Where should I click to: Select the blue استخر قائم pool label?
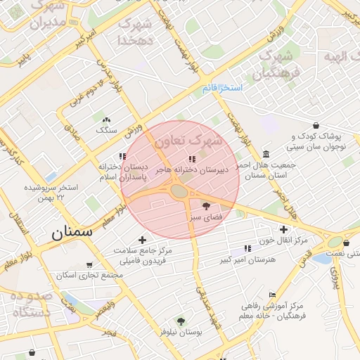(x=222, y=88)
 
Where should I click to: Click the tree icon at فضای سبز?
(x=206, y=206)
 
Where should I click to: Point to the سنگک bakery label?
(x=106, y=130)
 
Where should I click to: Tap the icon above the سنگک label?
(x=106, y=120)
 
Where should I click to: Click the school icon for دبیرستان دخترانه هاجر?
(x=193, y=158)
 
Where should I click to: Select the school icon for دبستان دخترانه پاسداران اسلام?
(x=122, y=157)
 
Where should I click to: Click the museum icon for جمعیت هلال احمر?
(x=266, y=154)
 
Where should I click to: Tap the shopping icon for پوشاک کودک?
(x=314, y=124)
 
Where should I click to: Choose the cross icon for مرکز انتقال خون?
(x=283, y=229)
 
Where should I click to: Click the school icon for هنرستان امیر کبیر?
(x=247, y=248)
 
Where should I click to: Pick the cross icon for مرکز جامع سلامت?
(x=143, y=240)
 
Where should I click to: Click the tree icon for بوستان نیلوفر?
(x=181, y=321)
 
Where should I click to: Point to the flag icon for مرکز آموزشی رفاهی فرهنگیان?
(x=272, y=295)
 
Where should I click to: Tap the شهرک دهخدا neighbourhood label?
(x=136, y=32)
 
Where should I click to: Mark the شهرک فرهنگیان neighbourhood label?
(x=276, y=63)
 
